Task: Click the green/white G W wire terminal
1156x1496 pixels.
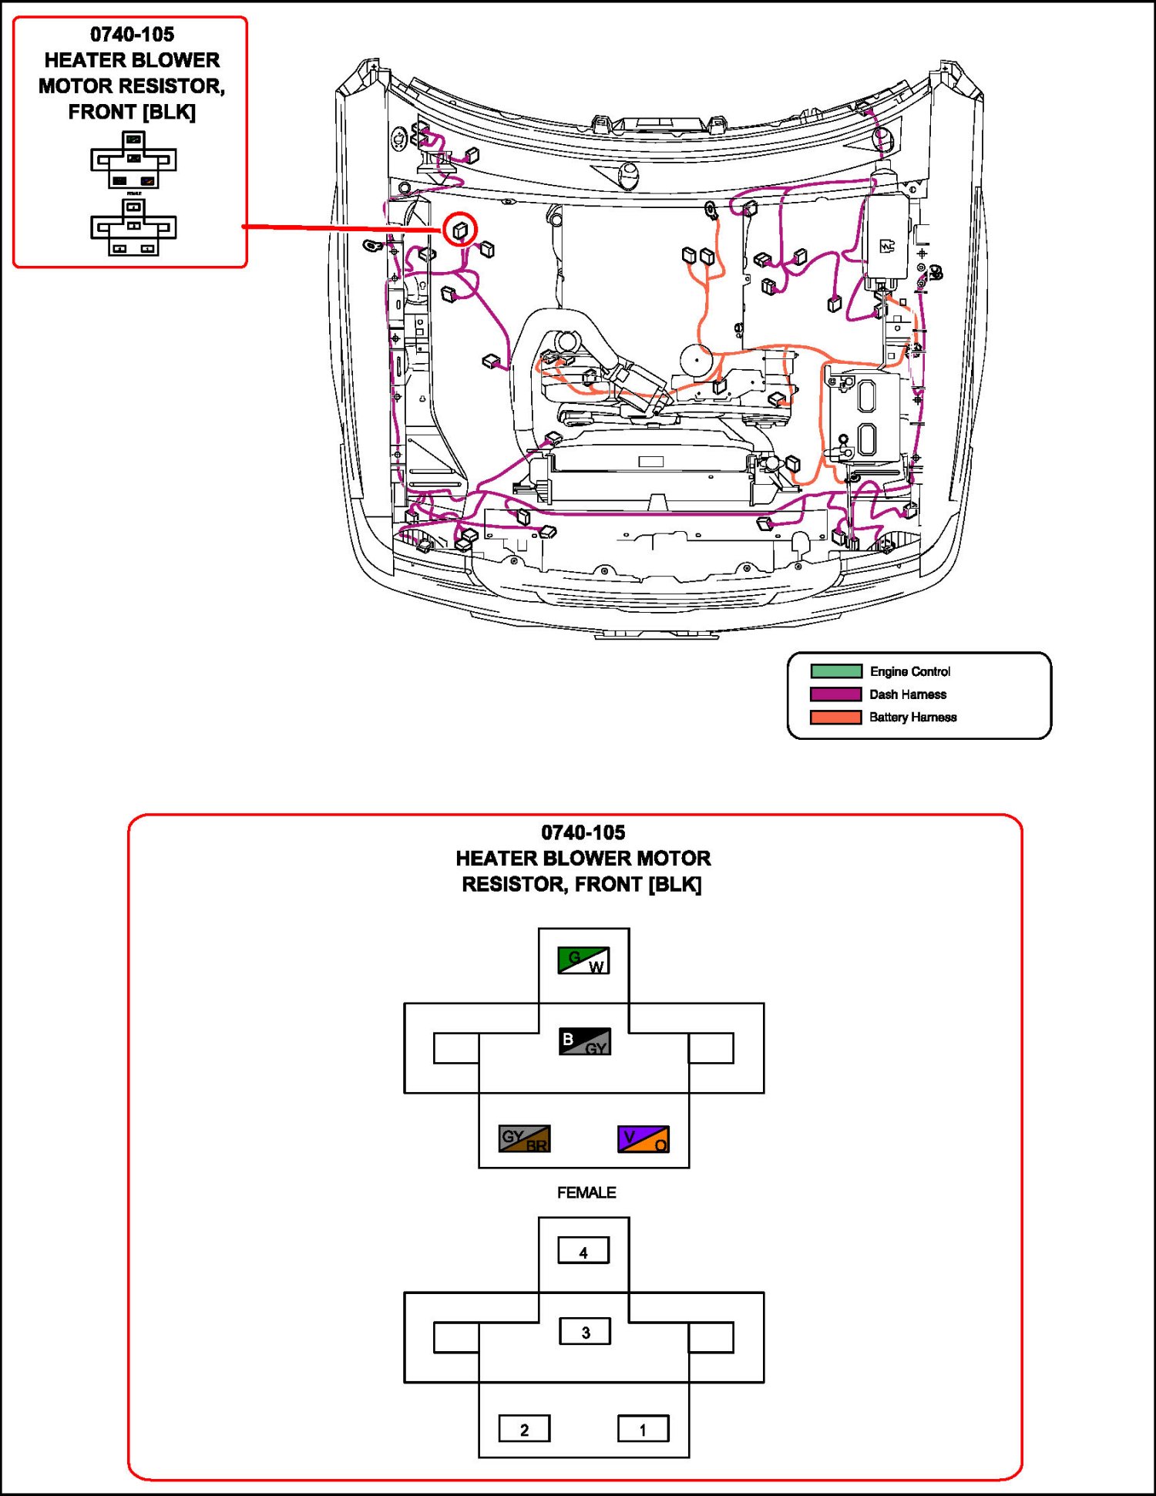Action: point(583,960)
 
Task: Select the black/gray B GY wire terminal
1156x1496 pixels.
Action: point(584,1041)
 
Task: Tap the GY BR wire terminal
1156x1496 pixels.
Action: point(524,1139)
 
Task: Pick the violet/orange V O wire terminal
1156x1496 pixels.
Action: point(644,1139)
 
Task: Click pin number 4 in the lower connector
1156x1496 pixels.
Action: point(583,1250)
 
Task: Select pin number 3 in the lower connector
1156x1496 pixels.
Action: point(585,1331)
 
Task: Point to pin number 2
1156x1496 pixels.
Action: point(524,1428)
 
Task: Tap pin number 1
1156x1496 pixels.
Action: point(644,1428)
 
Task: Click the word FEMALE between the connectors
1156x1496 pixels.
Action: point(586,1192)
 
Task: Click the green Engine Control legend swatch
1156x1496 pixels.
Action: point(836,671)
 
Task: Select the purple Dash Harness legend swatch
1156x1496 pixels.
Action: point(836,694)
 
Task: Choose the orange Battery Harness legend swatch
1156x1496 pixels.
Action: point(836,718)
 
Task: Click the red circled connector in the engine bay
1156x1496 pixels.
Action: point(460,230)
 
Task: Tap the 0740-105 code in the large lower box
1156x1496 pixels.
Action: point(583,832)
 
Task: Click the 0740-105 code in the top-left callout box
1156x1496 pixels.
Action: point(132,34)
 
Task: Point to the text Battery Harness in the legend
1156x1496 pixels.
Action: point(913,718)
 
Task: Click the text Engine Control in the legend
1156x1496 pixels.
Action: point(910,671)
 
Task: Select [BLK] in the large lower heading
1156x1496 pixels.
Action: point(675,884)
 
